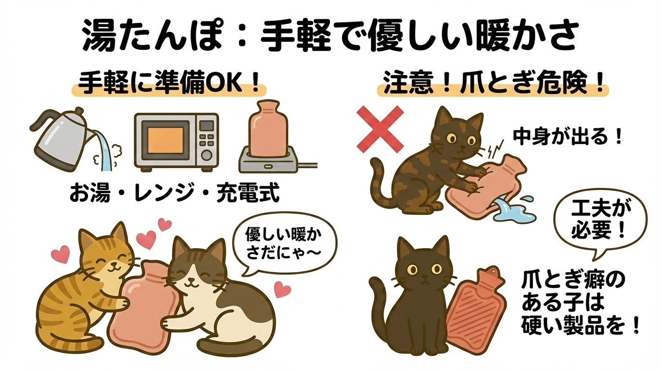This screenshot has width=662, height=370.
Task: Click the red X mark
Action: pos(380,130)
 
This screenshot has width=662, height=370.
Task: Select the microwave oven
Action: pos(176,142)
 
